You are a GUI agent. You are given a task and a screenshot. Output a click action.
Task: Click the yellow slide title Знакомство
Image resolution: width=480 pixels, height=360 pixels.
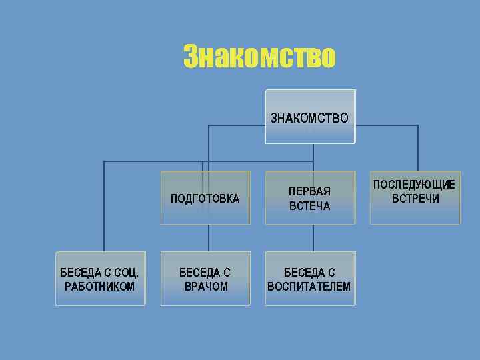[x=259, y=57]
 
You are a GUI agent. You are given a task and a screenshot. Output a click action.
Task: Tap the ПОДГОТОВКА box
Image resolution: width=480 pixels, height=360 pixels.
[x=205, y=198]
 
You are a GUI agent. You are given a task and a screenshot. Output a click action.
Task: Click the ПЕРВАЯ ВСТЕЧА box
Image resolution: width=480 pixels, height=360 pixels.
[x=310, y=198]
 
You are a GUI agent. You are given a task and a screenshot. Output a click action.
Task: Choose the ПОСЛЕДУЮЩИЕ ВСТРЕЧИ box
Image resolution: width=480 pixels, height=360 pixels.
[x=415, y=197]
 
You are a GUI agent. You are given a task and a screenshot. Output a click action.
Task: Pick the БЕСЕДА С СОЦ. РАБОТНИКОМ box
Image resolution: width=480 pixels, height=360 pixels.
[x=100, y=279]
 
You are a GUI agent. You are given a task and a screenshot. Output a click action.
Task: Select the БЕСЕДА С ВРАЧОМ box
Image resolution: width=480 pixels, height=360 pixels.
[x=205, y=279]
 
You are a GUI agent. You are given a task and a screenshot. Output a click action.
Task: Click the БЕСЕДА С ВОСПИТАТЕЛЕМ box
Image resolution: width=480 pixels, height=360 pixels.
[x=310, y=279]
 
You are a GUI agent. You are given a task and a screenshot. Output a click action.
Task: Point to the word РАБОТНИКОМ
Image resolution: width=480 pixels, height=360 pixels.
[x=100, y=287]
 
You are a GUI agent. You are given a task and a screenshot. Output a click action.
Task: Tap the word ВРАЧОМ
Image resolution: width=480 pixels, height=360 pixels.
[x=205, y=287]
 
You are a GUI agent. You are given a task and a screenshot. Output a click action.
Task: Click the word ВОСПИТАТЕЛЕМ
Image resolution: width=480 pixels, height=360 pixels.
[x=309, y=287]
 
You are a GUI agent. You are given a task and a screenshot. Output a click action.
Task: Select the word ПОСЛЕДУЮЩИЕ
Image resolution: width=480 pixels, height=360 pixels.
[x=415, y=185]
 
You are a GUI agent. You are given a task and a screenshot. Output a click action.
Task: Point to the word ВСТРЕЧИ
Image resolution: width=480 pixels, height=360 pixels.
[x=415, y=199]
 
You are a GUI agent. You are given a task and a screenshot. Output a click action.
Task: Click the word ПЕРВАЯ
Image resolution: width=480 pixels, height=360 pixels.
[x=309, y=191]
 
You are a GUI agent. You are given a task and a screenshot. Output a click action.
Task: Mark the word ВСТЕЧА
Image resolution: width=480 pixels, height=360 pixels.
[x=309, y=206]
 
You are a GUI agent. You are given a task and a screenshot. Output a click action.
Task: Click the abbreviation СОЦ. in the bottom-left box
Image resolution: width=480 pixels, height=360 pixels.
[x=126, y=272]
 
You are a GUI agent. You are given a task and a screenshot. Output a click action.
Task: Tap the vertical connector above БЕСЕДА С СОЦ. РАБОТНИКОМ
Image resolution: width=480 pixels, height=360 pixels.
[x=104, y=207]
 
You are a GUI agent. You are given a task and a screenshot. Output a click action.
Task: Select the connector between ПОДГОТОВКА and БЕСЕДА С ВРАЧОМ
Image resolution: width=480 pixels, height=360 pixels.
[x=209, y=237]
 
